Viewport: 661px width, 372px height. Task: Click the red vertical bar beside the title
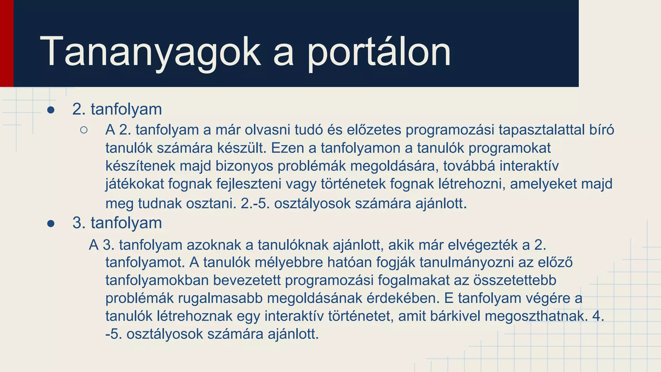point(6,43)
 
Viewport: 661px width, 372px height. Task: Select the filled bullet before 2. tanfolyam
point(51,110)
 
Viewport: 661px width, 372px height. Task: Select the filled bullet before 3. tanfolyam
point(51,223)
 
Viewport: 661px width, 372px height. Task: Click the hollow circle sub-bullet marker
point(84,130)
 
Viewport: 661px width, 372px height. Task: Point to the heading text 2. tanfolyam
point(117,109)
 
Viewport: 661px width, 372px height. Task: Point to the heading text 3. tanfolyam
point(117,223)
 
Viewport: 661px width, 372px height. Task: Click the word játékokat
point(135,184)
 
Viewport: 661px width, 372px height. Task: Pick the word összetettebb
point(514,280)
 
